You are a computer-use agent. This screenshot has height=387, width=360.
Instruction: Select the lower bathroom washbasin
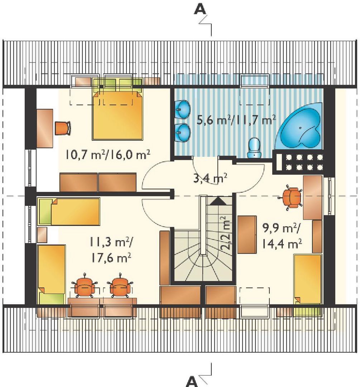pyautogui.click(x=183, y=133)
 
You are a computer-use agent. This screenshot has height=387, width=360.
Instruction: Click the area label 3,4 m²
pyautogui.click(x=210, y=178)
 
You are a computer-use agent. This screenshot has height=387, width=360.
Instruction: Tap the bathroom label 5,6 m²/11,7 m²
pyautogui.click(x=236, y=120)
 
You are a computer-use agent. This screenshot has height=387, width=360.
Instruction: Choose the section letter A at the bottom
pyautogui.click(x=192, y=381)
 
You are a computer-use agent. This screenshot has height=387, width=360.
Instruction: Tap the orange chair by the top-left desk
pyautogui.click(x=63, y=128)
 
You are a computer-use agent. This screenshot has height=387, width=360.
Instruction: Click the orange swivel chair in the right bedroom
pyautogui.click(x=291, y=198)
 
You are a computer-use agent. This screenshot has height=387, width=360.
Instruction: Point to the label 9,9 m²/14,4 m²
pyautogui.click(x=282, y=236)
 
